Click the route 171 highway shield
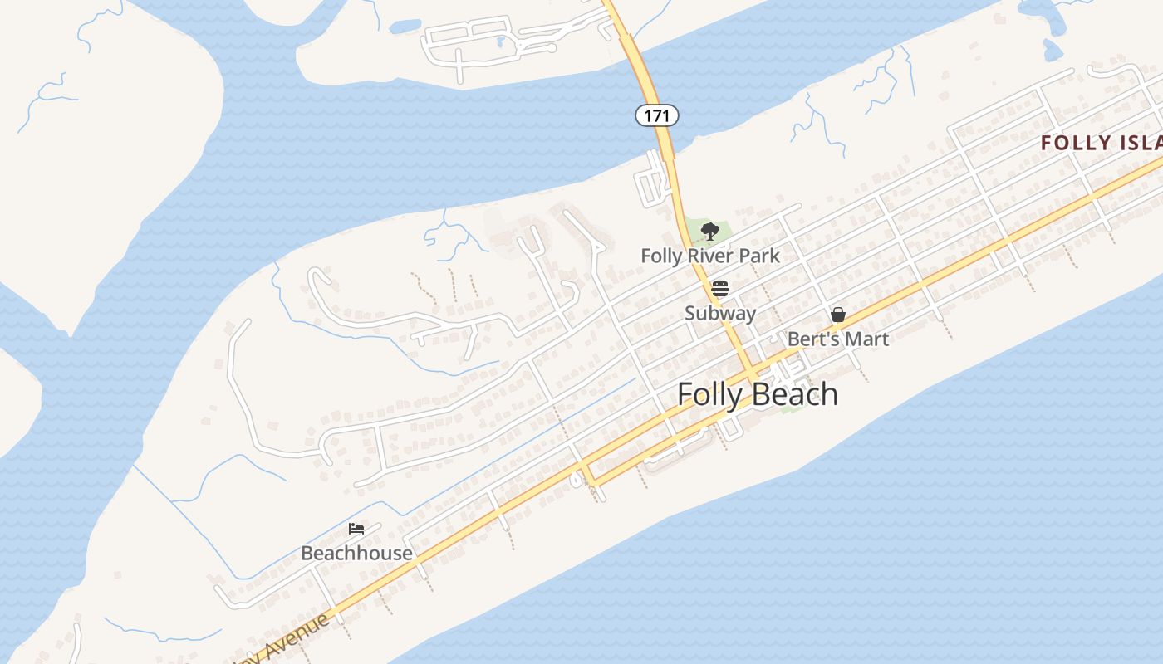(657, 115)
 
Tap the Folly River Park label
(710, 256)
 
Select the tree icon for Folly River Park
(709, 232)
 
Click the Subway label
(720, 313)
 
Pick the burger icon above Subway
(720, 289)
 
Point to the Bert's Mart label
(837, 339)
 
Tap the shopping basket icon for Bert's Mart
(838, 315)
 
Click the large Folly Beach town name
(758, 394)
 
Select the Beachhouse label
(356, 553)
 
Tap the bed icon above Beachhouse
(356, 528)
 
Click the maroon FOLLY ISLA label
(1100, 143)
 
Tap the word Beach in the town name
(796, 394)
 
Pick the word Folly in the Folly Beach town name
(709, 394)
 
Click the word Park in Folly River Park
(758, 256)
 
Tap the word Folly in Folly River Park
(661, 256)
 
